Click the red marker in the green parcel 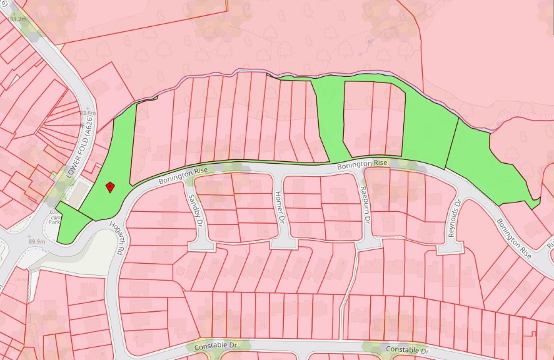[x=109, y=186]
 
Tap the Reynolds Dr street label [x=454, y=217]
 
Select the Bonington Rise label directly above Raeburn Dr [x=363, y=164]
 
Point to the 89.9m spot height [x=37, y=241]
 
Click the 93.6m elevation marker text [x=88, y=113]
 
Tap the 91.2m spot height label [x=19, y=19]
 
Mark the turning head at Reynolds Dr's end [x=449, y=248]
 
